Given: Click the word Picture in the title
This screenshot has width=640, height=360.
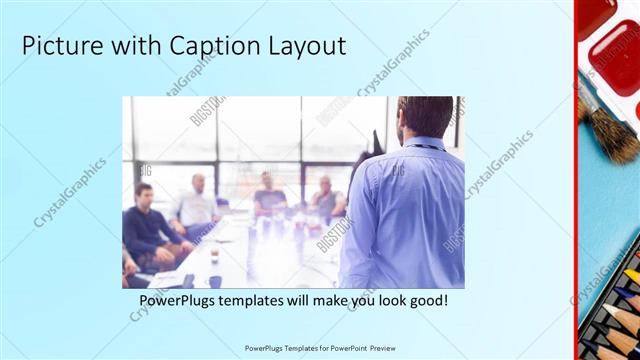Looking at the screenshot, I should coord(59,46).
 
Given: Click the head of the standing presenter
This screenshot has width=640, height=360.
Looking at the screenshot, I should coord(420,118).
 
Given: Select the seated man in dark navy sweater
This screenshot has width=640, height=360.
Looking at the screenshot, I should coord(147,225).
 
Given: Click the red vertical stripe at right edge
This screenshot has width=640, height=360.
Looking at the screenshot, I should coord(577,180).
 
